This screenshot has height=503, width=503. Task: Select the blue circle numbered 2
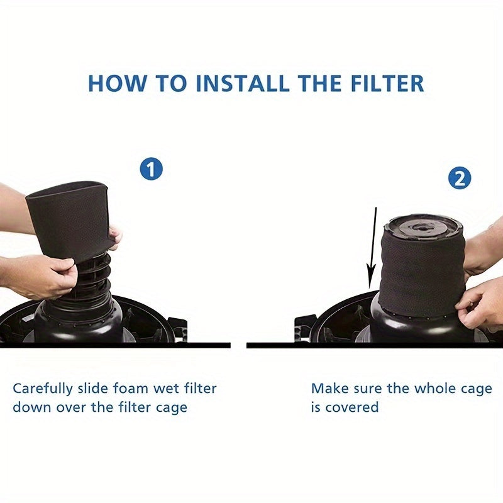(460, 179)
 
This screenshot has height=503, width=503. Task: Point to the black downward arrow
(373, 251)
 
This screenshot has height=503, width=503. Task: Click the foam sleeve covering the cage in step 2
(421, 270)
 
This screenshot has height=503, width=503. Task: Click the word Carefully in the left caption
(41, 389)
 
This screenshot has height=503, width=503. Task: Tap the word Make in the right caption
(328, 389)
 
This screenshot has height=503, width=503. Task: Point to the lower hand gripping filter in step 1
(38, 277)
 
